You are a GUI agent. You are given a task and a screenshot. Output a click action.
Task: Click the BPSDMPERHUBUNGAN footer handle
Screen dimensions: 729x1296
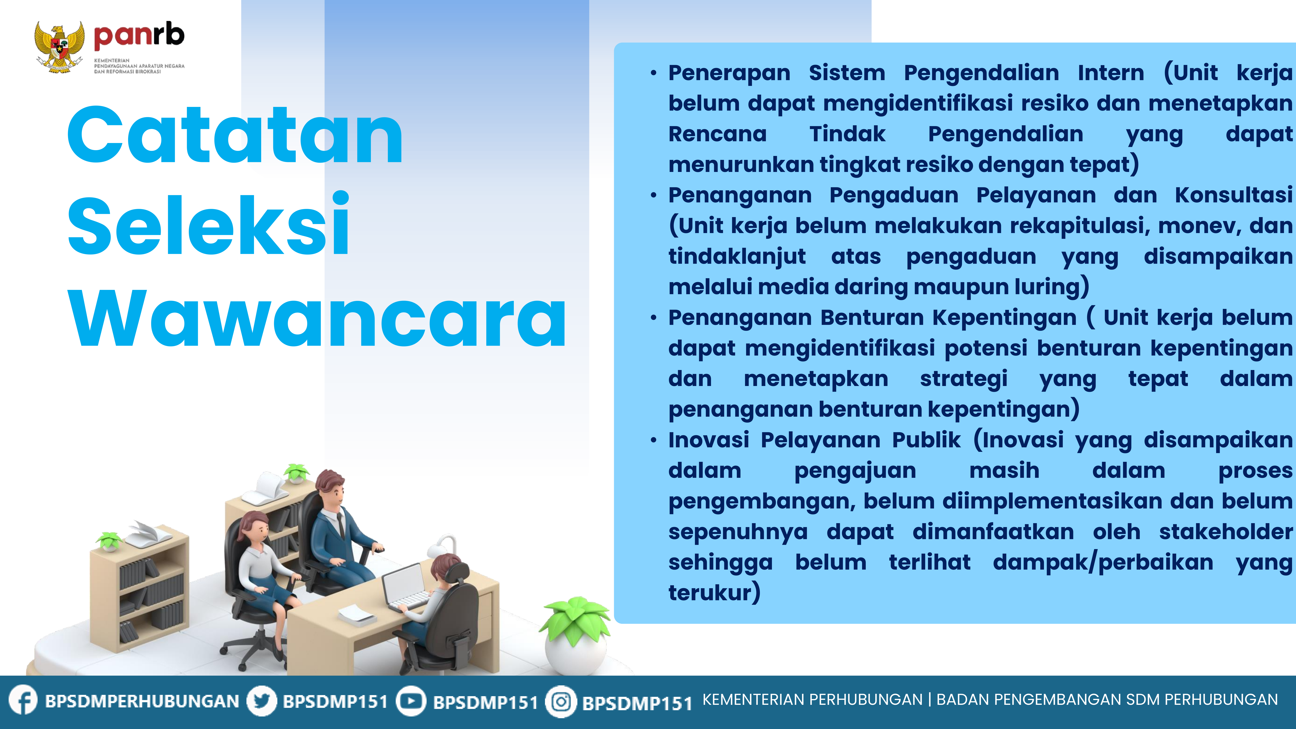click(142, 701)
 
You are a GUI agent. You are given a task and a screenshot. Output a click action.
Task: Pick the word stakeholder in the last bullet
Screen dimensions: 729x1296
click(1226, 532)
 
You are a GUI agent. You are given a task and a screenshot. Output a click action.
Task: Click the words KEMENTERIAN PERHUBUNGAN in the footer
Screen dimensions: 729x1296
click(812, 700)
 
